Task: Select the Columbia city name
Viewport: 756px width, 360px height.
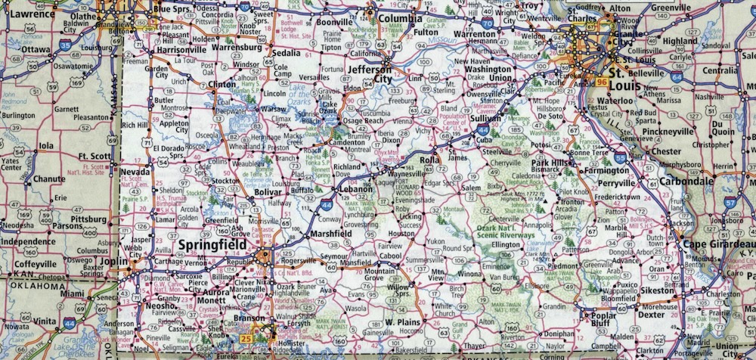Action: point(401,18)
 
